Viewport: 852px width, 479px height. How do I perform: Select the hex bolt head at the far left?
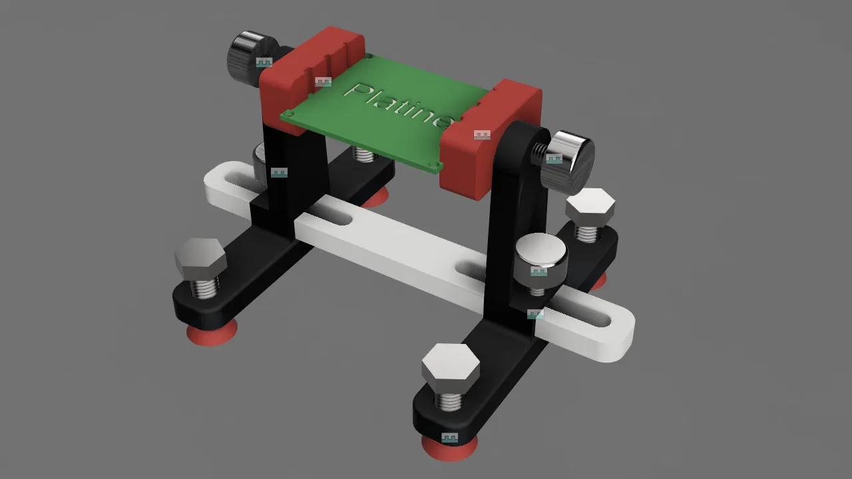(x=200, y=259)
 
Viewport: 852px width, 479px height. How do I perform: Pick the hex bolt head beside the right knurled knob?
(x=590, y=207)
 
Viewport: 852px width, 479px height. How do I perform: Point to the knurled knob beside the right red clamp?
(x=566, y=164)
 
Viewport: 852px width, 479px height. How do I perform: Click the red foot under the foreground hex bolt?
(x=449, y=448)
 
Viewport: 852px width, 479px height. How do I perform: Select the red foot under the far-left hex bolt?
(x=212, y=333)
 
